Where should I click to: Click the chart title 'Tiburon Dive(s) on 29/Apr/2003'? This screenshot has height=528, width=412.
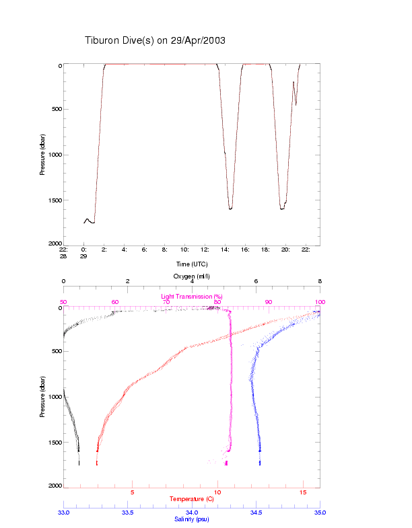pyautogui.click(x=155, y=40)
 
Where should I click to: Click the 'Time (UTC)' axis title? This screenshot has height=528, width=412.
pyautogui.click(x=191, y=264)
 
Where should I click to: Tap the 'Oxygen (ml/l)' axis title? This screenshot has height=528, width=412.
pyautogui.click(x=191, y=276)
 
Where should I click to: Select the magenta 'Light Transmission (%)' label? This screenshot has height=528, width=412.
pyautogui.click(x=191, y=297)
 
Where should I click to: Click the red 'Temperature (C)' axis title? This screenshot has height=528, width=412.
pyautogui.click(x=191, y=499)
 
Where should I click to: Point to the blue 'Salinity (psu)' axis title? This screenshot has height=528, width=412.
pyautogui.click(x=191, y=519)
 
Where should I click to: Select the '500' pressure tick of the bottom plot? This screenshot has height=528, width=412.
pyautogui.click(x=55, y=352)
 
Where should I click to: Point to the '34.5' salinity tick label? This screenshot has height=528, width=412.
pyautogui.click(x=256, y=513)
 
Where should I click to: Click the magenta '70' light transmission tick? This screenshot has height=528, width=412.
pyautogui.click(x=166, y=302)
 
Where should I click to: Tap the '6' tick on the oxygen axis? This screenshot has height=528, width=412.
pyautogui.click(x=256, y=282)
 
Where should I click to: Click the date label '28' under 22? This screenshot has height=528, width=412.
pyautogui.click(x=63, y=256)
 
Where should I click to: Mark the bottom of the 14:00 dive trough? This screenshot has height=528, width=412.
pyautogui.click(x=230, y=209)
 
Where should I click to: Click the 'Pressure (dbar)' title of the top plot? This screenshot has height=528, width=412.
pyautogui.click(x=42, y=155)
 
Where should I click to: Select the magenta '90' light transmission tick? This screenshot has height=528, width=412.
pyautogui.click(x=269, y=302)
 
